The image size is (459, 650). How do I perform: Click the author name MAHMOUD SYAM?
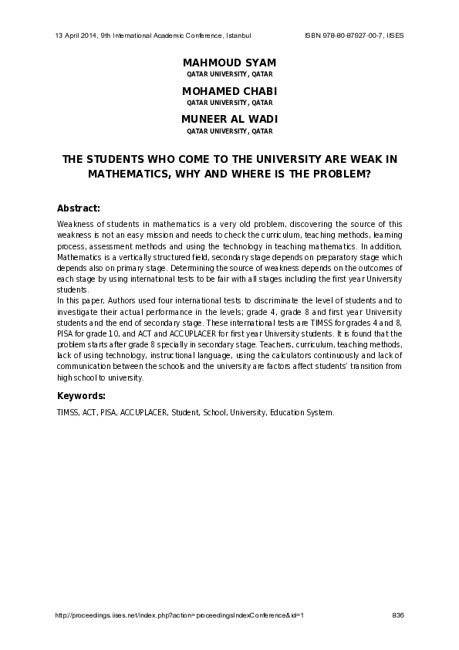229,63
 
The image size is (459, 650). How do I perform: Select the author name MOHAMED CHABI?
229,91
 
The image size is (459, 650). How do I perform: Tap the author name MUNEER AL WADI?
229,120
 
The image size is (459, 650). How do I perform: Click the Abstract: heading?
79,208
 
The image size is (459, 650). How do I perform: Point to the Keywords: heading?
81,396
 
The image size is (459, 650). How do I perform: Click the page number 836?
398,614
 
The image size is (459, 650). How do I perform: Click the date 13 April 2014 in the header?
80,36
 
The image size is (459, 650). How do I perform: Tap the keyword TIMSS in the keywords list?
68,413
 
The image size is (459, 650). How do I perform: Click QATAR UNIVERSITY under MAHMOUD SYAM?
229,74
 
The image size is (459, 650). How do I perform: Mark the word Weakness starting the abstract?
74,223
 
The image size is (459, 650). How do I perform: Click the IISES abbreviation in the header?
395,36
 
